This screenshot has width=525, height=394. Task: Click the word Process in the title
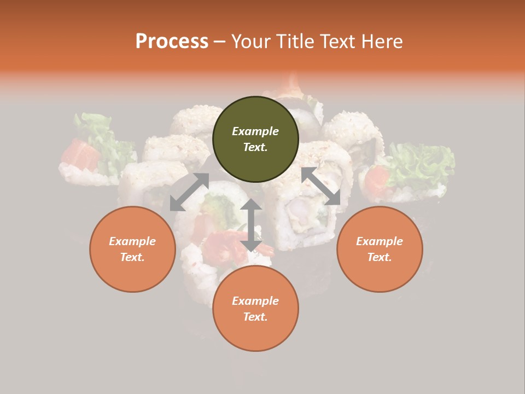[x=172, y=42]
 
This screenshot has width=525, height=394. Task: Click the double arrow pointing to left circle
[x=189, y=192]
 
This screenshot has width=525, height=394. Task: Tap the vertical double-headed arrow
[x=251, y=225]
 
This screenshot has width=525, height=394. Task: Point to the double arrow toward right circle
[x=320, y=186]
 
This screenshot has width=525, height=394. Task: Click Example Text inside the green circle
[x=255, y=139]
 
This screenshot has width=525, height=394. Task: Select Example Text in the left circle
[x=132, y=249]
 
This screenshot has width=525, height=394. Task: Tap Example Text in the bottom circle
[x=255, y=309]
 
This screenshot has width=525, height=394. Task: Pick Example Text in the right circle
[x=380, y=249]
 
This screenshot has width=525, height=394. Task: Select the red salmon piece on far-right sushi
[x=377, y=178]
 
